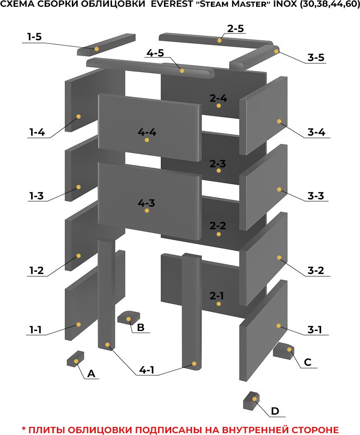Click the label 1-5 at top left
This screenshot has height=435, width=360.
click(x=34, y=37)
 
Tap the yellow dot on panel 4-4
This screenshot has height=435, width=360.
click(x=147, y=140)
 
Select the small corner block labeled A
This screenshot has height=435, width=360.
click(x=75, y=359)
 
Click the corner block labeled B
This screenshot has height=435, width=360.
click(x=129, y=317)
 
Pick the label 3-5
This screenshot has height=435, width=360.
click(x=316, y=57)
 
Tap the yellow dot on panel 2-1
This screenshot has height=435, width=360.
click(x=219, y=304)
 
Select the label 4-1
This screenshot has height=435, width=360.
click(x=147, y=370)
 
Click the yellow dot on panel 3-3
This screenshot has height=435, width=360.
click(x=279, y=189)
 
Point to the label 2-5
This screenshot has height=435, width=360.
click(x=236, y=28)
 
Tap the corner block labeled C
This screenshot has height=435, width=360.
click(x=283, y=350)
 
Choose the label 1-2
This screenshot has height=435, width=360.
click(x=37, y=270)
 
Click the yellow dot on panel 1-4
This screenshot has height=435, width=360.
click(x=79, y=117)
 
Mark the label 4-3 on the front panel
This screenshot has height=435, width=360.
click(x=146, y=203)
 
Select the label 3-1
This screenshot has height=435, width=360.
click(x=315, y=330)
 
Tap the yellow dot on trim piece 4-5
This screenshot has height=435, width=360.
click(x=182, y=71)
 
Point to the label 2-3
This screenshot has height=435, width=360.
click(x=218, y=164)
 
